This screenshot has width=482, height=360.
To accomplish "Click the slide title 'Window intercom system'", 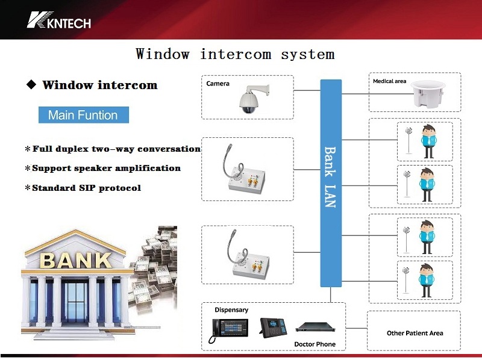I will pos(235,54).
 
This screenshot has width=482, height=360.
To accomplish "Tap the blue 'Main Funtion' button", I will pos(83,115).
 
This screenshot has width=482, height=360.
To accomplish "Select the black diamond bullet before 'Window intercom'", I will pos(31,85).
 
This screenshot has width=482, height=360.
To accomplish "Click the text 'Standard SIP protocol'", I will pos(86,188).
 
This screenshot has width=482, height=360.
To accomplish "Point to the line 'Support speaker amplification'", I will pos(106,168).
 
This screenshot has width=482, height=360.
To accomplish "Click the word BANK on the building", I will pos(75,260).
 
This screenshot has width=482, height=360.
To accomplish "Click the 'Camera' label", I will pos(218,84).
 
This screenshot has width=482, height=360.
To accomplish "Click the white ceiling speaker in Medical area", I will pos(431,96).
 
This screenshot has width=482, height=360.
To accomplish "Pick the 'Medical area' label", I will pos(389,81).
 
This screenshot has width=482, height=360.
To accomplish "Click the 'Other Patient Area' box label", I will pos(415,333).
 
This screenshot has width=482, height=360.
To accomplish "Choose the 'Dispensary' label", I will pos(231,310).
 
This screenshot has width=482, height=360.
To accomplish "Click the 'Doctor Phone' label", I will pos(315,344).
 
